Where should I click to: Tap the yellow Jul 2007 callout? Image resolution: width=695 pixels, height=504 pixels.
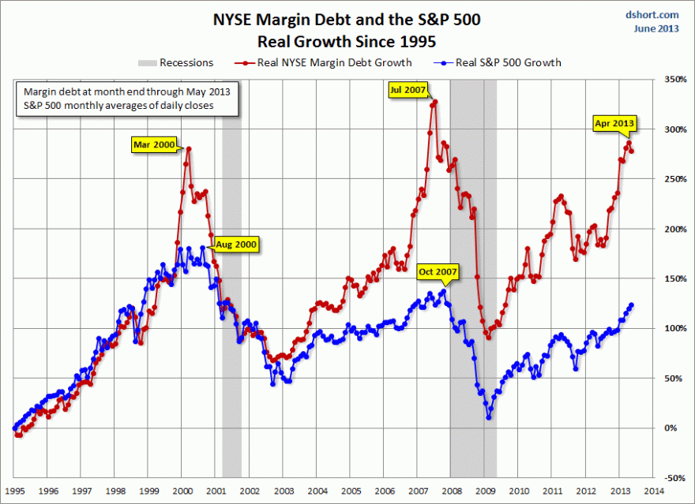click(407, 90)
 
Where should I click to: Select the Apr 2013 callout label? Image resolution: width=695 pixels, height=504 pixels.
click(614, 124)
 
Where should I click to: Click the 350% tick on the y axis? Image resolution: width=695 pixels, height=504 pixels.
click(672, 80)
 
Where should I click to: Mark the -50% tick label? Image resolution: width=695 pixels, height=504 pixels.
click(672, 478)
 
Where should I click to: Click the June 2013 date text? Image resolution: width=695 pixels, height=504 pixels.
click(656, 28)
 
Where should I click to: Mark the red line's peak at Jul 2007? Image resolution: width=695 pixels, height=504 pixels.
click(434, 102)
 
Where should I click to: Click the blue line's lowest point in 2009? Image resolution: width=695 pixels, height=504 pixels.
click(489, 417)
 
